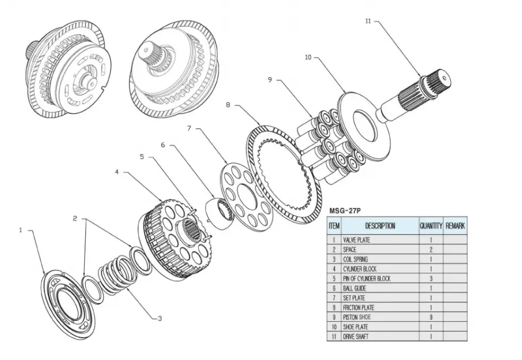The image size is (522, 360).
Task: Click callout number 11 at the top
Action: click(368, 21)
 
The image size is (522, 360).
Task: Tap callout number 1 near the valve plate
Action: click(20, 230)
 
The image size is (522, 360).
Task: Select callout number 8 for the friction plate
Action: click(228, 105)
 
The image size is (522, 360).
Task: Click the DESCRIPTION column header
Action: click(380, 226)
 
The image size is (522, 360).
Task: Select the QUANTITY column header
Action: click(431, 226)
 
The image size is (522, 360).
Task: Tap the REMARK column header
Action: click(455, 226)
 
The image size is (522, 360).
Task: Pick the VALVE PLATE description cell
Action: click(357, 240)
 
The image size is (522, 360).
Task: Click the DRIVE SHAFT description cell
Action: click(357, 337)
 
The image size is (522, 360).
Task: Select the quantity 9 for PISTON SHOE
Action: click(431, 317)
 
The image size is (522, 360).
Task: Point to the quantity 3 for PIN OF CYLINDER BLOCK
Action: click(431, 279)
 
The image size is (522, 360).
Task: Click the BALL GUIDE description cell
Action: click(356, 288)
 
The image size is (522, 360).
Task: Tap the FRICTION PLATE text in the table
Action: click(359, 308)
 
